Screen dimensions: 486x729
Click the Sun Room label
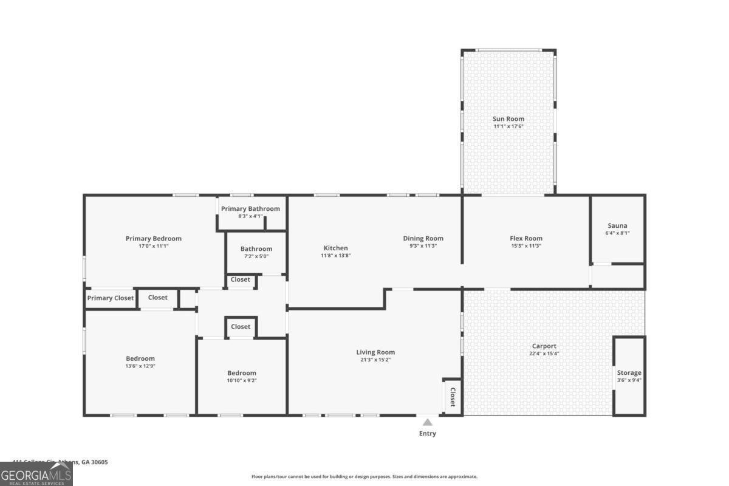tap(508, 119)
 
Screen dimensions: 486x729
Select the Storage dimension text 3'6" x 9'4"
tap(629, 380)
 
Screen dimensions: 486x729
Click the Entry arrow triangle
tap(428, 422)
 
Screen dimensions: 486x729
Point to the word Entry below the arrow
tap(428, 434)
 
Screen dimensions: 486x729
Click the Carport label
tap(544, 346)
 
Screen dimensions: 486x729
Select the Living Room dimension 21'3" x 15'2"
tap(375, 360)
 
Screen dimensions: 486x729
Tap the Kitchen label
tap(335, 248)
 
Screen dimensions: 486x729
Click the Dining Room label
tap(423, 238)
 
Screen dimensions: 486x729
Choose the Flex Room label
tap(526, 238)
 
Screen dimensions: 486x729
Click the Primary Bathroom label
tap(250, 208)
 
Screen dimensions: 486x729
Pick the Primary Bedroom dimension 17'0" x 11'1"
tap(154, 246)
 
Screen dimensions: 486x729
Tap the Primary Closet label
tap(111, 298)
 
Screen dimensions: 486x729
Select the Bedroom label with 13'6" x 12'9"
tap(140, 358)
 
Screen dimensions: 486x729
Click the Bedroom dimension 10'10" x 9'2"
tap(242, 380)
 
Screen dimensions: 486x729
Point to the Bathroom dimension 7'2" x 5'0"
tap(256, 256)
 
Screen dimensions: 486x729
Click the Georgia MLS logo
tap(36, 474)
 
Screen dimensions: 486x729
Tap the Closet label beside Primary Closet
tap(158, 298)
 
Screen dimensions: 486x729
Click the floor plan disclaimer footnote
tap(364, 477)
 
